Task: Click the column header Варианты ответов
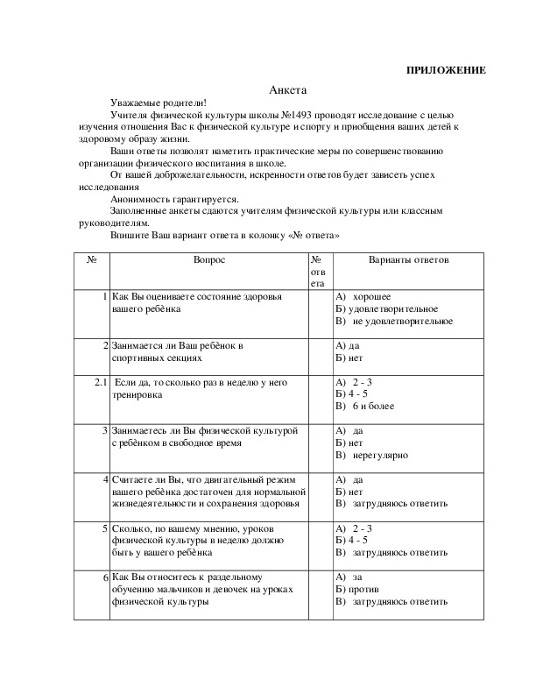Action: coord(407,260)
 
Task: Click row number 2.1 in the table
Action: coord(100,382)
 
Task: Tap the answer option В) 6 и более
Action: coord(366,407)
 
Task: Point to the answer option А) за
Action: coord(350,577)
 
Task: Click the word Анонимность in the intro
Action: coord(139,199)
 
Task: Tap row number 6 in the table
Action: coord(104,578)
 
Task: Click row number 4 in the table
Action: coord(104,479)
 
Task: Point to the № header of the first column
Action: coord(91,260)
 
